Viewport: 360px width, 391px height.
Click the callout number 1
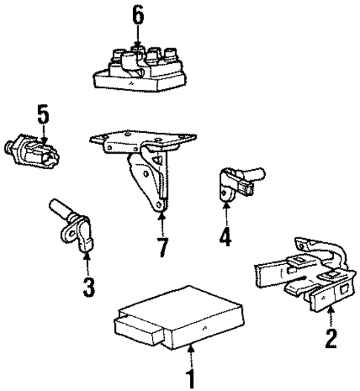190,377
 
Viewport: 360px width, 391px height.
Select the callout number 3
88,287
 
